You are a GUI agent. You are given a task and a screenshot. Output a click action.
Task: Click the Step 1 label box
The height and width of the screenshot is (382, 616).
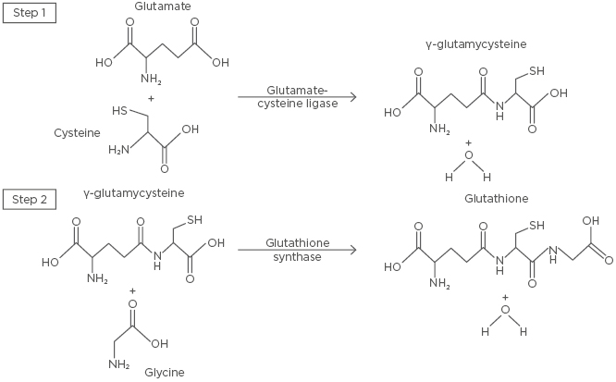(28, 16)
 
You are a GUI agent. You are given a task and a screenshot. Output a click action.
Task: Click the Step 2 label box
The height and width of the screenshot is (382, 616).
(28, 199)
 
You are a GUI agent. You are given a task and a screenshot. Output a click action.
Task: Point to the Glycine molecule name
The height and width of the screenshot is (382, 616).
(164, 372)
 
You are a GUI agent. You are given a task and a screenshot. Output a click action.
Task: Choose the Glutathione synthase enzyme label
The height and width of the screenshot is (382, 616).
(297, 250)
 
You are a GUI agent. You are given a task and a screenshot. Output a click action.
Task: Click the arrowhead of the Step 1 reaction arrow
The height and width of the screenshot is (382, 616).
(353, 95)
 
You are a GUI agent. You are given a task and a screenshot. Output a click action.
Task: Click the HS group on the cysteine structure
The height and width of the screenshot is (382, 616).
(119, 111)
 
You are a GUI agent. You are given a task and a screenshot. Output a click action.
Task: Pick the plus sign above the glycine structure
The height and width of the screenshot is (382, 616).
(132, 291)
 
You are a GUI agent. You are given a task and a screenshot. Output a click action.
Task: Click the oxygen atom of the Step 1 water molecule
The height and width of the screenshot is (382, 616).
(468, 163)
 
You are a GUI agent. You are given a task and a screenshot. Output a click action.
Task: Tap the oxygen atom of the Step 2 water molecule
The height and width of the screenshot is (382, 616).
(504, 315)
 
